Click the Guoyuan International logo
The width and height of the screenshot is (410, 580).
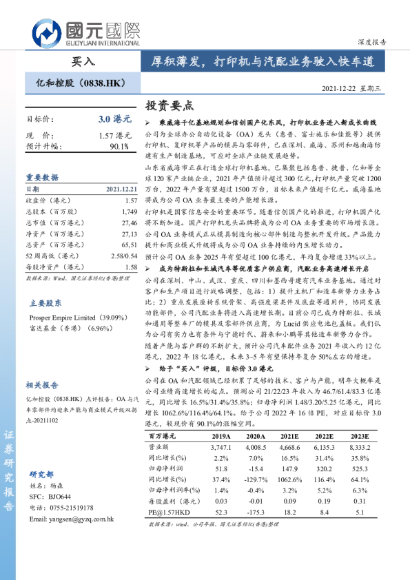point(87,32)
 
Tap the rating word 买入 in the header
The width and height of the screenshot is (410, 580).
point(83,62)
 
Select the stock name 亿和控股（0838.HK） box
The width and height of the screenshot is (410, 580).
point(79,83)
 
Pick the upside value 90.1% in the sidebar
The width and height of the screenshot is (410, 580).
point(119,146)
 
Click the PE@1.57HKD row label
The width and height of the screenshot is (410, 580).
point(170,512)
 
